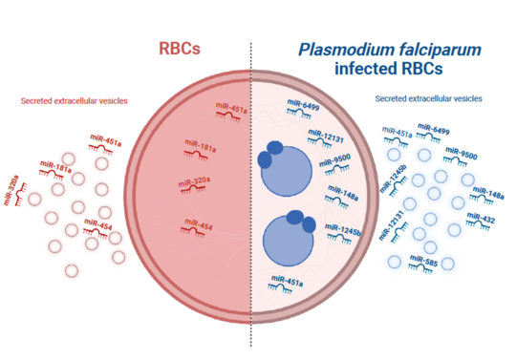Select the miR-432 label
point(483,219)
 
